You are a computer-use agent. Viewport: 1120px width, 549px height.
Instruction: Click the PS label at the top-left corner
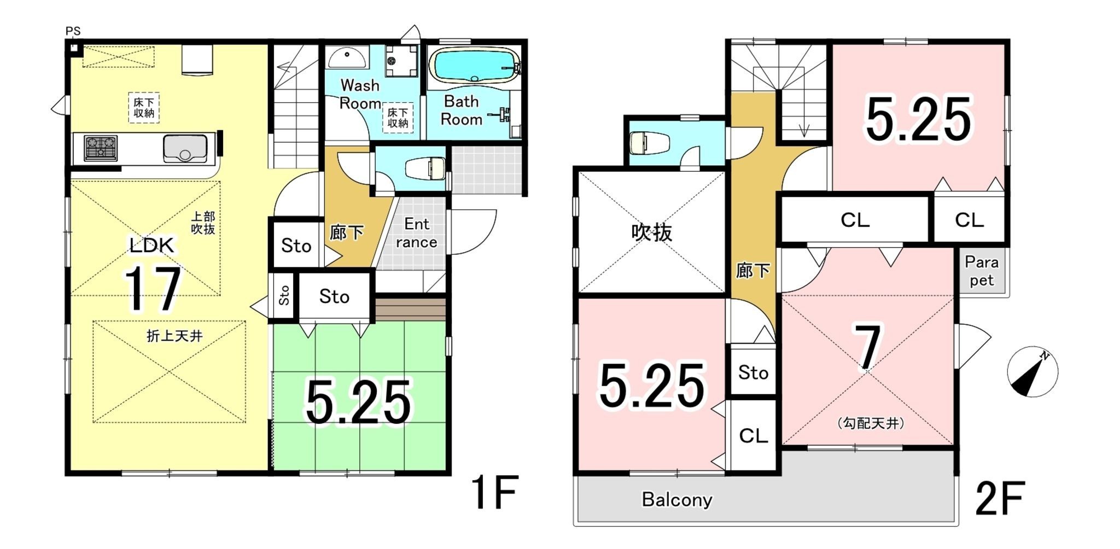(73, 31)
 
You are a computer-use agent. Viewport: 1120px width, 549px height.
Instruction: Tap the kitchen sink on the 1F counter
(185, 148)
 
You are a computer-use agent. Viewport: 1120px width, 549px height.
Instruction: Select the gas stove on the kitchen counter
(101, 148)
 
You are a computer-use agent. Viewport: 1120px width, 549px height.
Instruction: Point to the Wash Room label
(360, 94)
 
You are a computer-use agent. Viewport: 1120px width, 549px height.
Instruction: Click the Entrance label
(417, 233)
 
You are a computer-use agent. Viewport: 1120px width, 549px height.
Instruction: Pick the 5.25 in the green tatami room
(358, 403)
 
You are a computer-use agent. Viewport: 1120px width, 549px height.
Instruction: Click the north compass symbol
(1032, 372)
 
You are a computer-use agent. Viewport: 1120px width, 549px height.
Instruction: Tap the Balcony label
(677, 500)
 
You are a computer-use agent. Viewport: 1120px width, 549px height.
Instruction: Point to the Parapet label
(982, 271)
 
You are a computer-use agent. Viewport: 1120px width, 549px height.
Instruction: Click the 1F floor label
(494, 493)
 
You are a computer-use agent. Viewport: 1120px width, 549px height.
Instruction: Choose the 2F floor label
(1000, 498)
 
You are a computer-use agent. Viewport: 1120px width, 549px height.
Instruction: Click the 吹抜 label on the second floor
(652, 232)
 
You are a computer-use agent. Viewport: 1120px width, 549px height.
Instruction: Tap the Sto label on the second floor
(754, 373)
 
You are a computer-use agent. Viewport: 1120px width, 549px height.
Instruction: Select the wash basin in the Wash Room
(346, 57)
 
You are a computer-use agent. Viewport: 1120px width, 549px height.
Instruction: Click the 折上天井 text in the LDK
(174, 336)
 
